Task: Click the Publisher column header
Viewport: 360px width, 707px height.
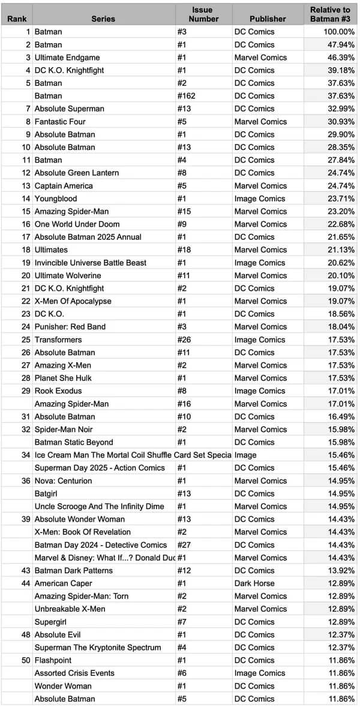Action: (268, 19)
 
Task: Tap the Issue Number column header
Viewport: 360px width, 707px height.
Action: (202, 14)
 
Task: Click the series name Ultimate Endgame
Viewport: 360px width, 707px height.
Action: (68, 58)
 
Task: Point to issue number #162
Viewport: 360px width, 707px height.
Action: (187, 96)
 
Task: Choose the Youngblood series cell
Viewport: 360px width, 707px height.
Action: (56, 198)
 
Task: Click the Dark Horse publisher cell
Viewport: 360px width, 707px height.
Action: (254, 583)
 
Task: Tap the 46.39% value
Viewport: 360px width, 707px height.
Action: (342, 58)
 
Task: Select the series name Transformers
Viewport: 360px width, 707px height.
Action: (58, 339)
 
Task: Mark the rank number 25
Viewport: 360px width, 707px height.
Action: (25, 339)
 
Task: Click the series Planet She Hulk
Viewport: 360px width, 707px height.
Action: (63, 378)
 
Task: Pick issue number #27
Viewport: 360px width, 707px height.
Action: (184, 544)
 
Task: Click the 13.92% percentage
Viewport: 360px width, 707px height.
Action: (342, 570)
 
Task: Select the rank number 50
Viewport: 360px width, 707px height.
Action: (25, 660)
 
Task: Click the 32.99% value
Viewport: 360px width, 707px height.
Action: (342, 109)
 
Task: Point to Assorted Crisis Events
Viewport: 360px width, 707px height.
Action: (74, 673)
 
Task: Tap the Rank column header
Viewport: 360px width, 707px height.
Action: (17, 19)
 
